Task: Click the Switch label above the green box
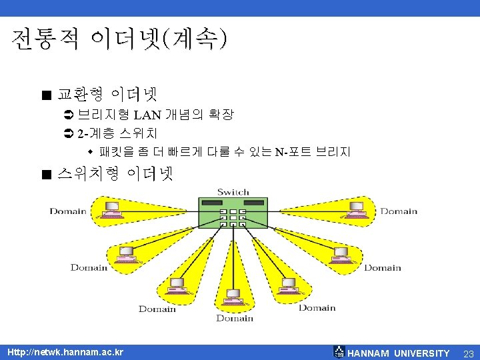click(233, 192)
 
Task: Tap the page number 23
click(467, 353)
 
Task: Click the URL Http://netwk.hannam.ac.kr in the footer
click(65, 352)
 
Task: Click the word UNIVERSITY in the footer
click(421, 353)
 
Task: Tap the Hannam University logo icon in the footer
click(339, 353)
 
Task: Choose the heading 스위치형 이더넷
click(115, 174)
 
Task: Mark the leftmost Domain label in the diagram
click(68, 211)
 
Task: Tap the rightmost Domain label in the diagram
click(399, 211)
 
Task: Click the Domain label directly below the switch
click(235, 318)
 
